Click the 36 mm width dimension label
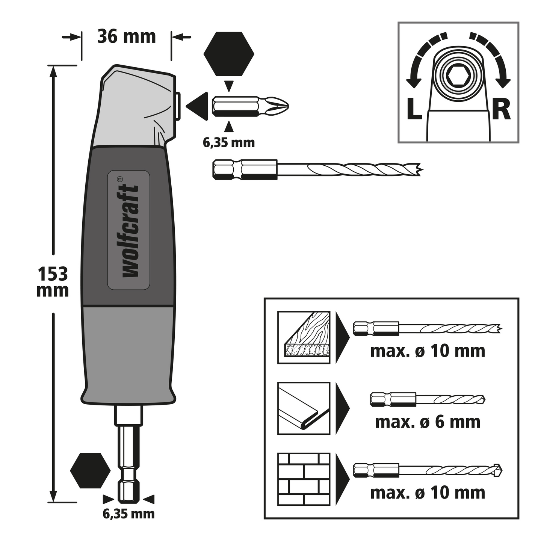click(x=126, y=37)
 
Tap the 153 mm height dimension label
click(x=53, y=282)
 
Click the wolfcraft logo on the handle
click(x=129, y=230)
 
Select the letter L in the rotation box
click(x=414, y=109)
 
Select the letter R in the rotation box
click(x=501, y=109)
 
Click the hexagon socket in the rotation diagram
click(x=458, y=77)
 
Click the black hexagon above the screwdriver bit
click(x=229, y=54)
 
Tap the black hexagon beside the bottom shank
click(x=90, y=470)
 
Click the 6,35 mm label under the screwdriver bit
click(x=228, y=143)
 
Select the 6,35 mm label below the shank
click(x=128, y=514)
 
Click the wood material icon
click(x=304, y=337)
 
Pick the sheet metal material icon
click(x=304, y=408)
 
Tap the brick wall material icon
click(x=304, y=479)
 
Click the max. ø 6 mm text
click(x=428, y=422)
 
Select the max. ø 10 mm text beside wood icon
click(x=428, y=351)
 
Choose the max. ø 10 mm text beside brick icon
click(x=428, y=493)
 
